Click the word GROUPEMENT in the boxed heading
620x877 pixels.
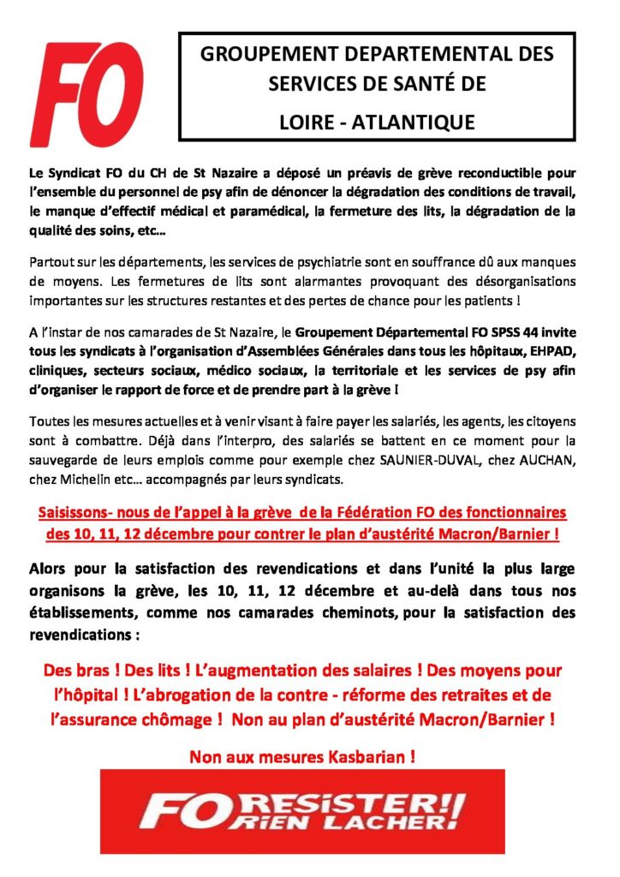[x=265, y=54]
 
